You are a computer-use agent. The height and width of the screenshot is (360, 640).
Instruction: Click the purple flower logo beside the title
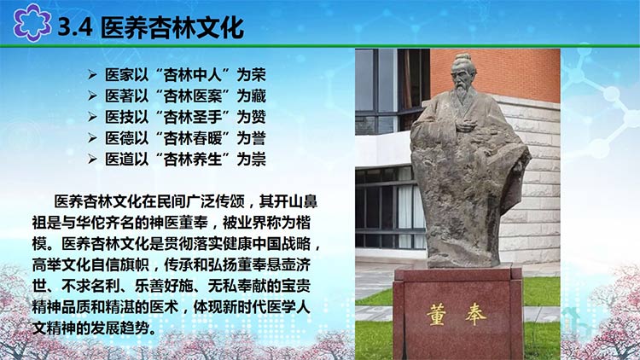[32, 22]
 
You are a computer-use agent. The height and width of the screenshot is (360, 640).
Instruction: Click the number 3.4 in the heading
[75, 27]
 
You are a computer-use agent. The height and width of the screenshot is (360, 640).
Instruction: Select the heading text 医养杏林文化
[172, 27]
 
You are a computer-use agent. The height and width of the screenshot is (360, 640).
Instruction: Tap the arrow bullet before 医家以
[92, 75]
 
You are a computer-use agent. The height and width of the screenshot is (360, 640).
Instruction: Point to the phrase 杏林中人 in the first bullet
[192, 75]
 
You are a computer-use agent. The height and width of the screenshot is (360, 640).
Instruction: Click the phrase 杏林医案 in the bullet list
[192, 96]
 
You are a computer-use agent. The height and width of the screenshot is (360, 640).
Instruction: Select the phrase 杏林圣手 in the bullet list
[192, 117]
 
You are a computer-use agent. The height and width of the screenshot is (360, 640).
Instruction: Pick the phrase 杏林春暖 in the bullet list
[192, 138]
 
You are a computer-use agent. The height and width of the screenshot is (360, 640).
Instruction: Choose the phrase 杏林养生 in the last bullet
[192, 160]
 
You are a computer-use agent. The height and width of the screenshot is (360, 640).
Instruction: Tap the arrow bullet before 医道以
[92, 160]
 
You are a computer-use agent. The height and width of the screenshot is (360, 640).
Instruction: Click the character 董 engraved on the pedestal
[436, 315]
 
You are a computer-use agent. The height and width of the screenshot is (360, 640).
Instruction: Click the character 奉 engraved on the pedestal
[475, 315]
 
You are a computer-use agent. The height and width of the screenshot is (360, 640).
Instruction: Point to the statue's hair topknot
[463, 58]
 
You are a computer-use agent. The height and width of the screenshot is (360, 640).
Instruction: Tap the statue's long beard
[462, 93]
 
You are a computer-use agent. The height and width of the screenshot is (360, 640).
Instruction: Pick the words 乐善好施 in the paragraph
[164, 286]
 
